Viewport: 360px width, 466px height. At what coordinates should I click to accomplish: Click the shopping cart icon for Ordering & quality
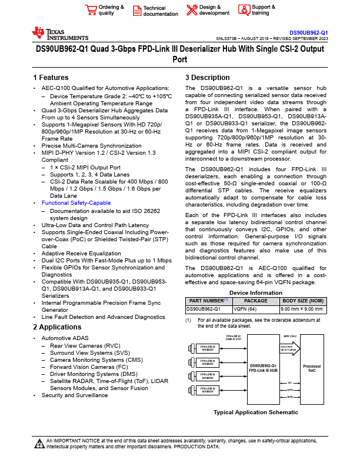point(91,10)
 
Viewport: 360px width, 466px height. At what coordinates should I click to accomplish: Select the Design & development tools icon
point(192,10)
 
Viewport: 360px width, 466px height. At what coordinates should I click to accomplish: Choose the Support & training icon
point(244,10)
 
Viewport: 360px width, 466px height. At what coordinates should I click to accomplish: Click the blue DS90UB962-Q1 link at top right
point(308,32)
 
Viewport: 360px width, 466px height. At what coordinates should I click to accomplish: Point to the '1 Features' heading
point(51,78)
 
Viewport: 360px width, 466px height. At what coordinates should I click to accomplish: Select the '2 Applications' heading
point(57,327)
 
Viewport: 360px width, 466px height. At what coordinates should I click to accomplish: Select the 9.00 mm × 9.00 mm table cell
point(302,308)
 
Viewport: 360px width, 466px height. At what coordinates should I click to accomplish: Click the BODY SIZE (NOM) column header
point(302,301)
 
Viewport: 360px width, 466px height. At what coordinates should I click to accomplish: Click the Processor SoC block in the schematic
point(312,368)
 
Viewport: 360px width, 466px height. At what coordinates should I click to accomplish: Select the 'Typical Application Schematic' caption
point(255,412)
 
